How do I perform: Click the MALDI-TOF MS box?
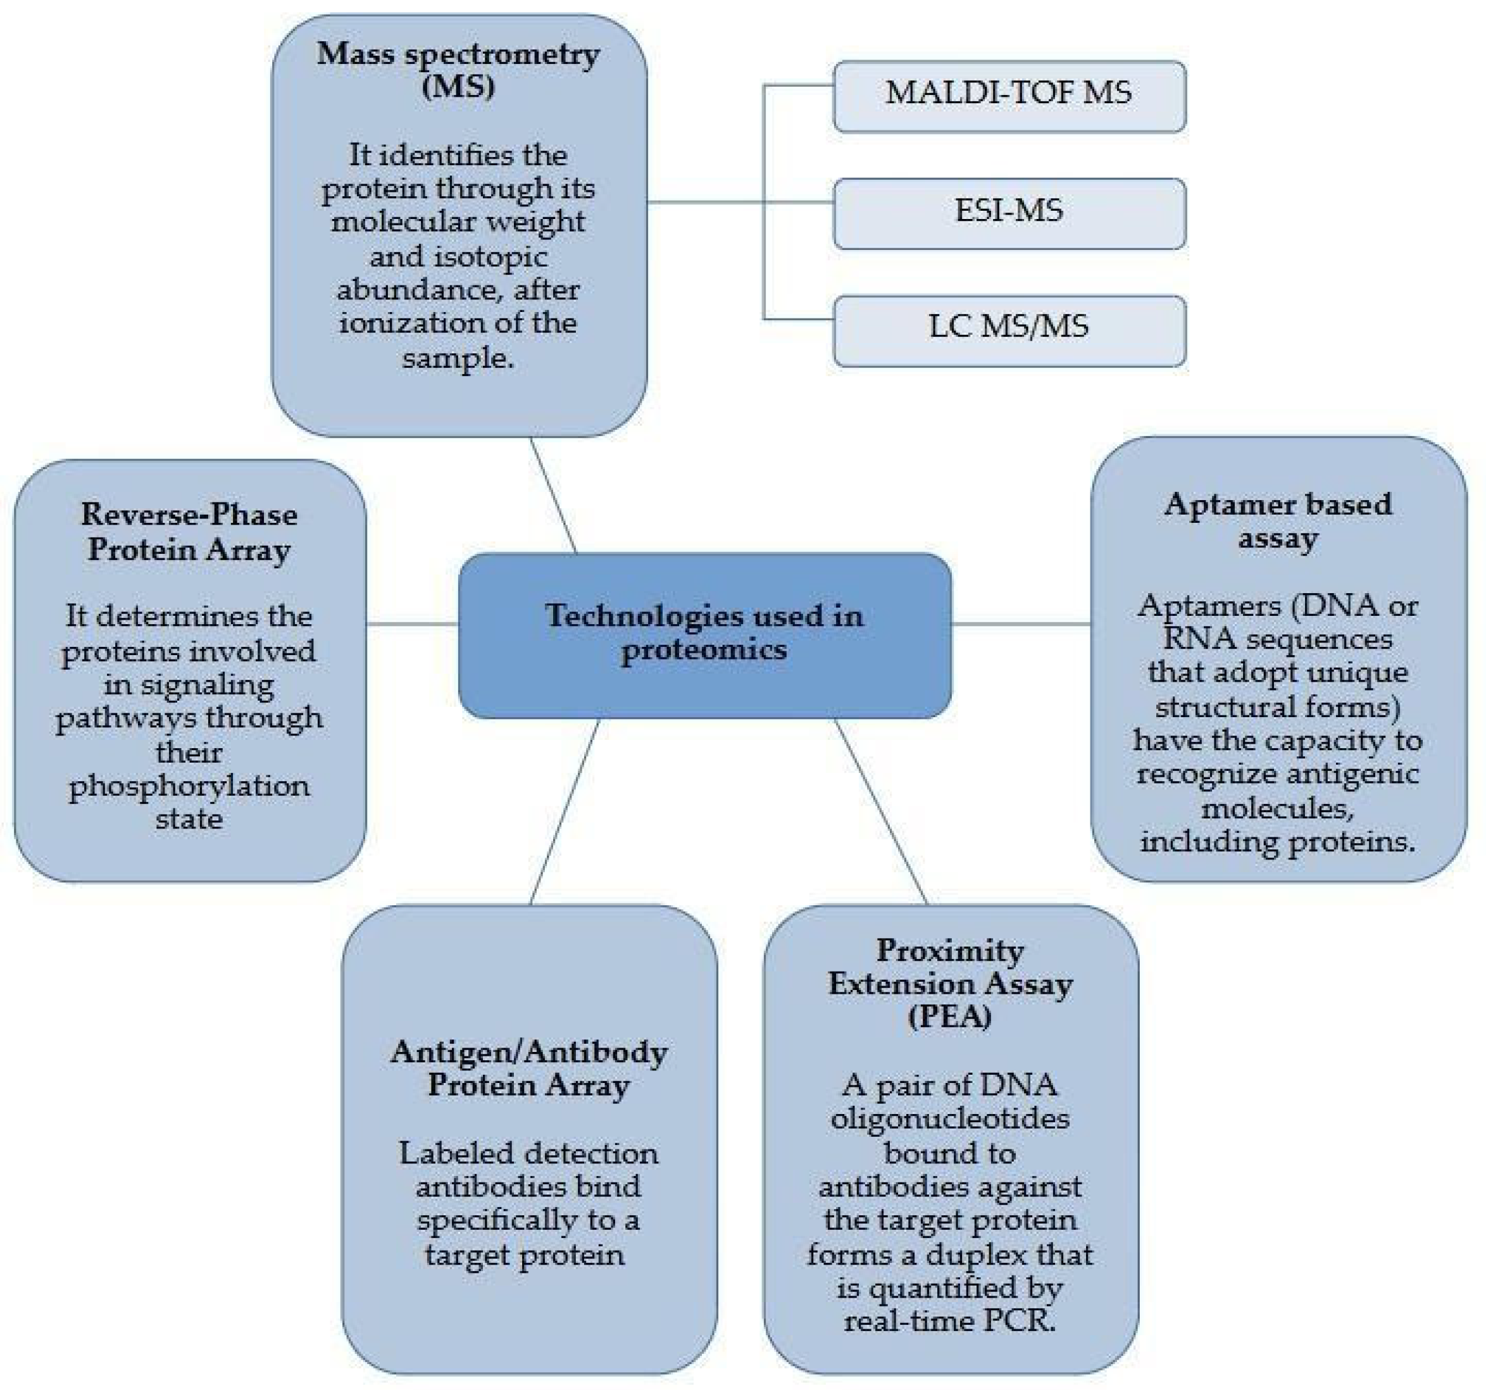click(x=1008, y=96)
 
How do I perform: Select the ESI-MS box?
click(x=1008, y=213)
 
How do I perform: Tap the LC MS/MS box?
click(x=1008, y=330)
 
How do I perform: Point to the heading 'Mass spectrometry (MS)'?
click(x=458, y=70)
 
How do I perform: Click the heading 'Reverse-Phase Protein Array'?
click(x=189, y=532)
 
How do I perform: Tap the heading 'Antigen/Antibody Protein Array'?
click(x=528, y=1068)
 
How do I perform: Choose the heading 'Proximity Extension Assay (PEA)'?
click(x=950, y=982)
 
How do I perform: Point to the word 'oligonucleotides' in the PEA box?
click(x=950, y=1119)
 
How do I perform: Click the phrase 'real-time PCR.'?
click(x=950, y=1320)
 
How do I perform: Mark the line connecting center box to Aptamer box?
click(x=1020, y=623)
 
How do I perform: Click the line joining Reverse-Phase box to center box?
click(x=412, y=623)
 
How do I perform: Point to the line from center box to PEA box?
click(x=880, y=811)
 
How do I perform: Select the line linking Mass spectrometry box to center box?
click(x=554, y=496)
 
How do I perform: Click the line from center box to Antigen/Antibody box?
click(x=565, y=811)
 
